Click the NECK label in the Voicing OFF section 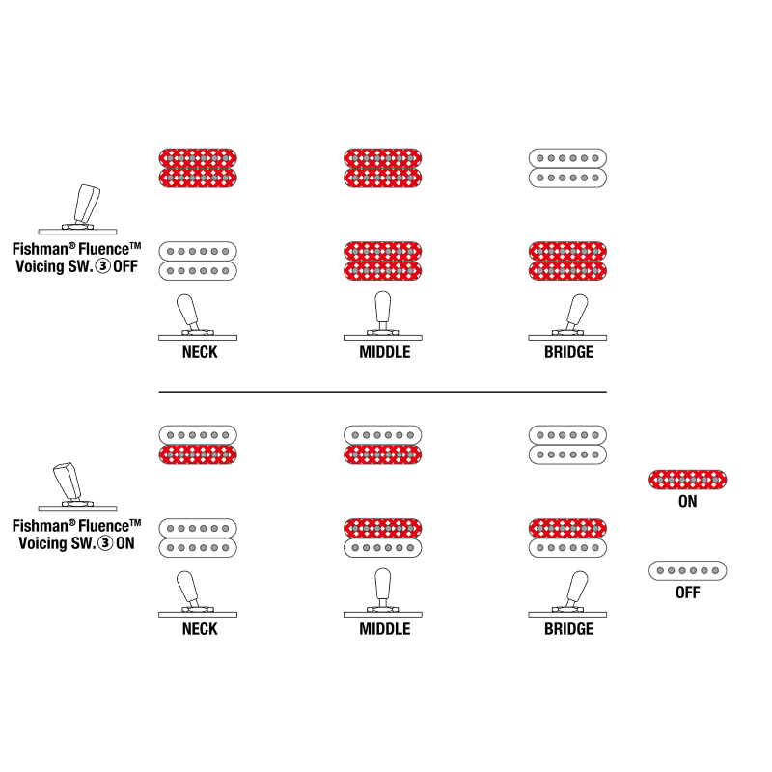coord(199,352)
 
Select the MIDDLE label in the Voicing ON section coord(384,628)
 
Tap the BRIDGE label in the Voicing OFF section coord(568,352)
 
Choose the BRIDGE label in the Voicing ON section coord(568,628)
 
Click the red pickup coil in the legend coord(688,479)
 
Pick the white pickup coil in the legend coord(688,570)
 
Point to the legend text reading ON coord(688,502)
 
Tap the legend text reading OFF coord(688,593)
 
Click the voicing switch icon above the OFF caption coord(77,207)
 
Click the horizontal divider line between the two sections coord(382,392)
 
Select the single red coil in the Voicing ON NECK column coord(198,455)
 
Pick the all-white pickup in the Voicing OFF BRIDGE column coord(567,168)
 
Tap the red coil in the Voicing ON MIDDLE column coord(383,527)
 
